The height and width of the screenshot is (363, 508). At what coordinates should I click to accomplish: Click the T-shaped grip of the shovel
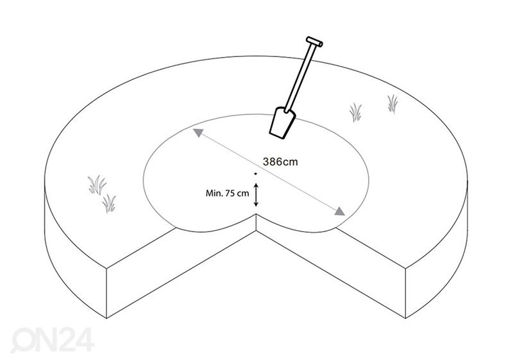(x=314, y=42)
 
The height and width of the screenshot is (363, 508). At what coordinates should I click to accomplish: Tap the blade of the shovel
(x=282, y=122)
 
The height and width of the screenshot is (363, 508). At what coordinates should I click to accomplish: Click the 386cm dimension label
(x=280, y=161)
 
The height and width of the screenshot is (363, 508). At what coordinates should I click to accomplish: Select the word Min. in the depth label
(x=214, y=193)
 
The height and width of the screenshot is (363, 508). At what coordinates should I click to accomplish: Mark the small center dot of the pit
(x=256, y=174)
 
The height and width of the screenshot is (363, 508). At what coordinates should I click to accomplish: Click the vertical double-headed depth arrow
(x=256, y=195)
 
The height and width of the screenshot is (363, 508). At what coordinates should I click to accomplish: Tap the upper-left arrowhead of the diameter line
(x=198, y=133)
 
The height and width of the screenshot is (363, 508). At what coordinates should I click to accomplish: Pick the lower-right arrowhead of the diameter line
(x=339, y=211)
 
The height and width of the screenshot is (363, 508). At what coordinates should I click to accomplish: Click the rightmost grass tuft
(x=393, y=104)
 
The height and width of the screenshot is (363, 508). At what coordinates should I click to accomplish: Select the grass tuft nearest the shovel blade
(x=355, y=112)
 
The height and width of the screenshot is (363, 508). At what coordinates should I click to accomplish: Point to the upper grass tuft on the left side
(x=97, y=185)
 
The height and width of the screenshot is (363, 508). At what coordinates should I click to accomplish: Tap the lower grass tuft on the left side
(x=109, y=204)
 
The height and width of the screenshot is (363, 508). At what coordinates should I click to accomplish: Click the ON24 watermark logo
(x=52, y=340)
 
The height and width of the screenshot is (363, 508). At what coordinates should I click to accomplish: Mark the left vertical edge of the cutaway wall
(x=106, y=293)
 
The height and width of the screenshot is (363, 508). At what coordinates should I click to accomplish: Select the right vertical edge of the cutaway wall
(x=405, y=293)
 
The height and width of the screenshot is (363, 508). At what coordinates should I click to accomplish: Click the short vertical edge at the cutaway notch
(x=257, y=222)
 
